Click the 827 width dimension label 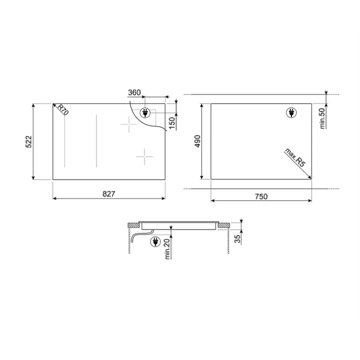click(108, 194)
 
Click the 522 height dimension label click(28, 141)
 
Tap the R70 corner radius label click(63, 109)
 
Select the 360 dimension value click(134, 92)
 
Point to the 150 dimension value click(172, 123)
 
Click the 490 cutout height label click(197, 141)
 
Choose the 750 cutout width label click(261, 196)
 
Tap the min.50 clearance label click(322, 118)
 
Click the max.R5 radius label click(295, 157)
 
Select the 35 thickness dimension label click(237, 239)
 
